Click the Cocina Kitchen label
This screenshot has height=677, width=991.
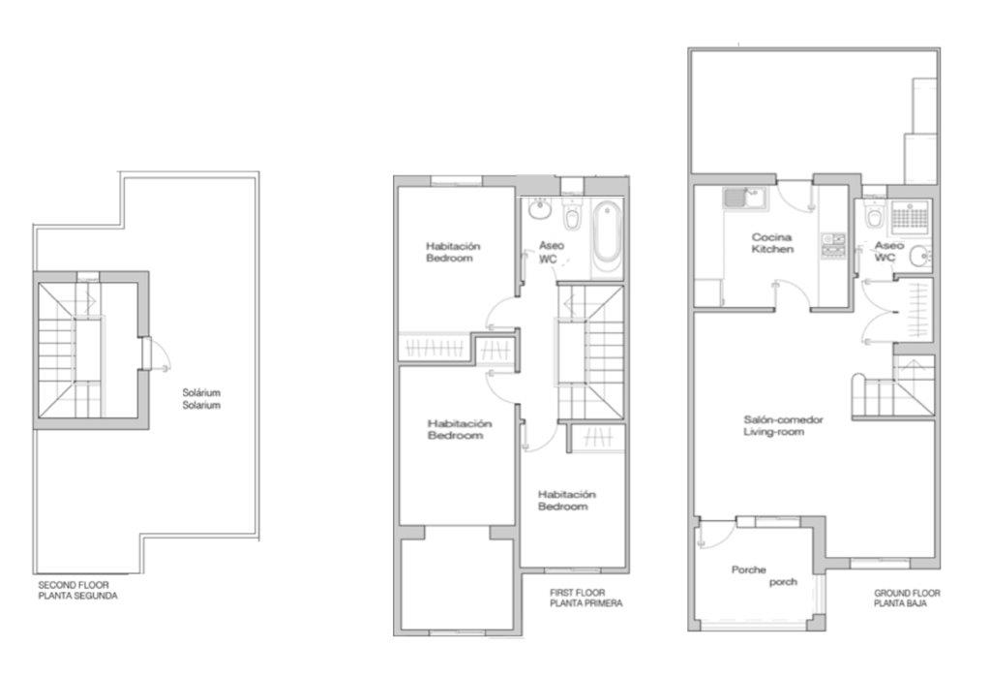point(772,243)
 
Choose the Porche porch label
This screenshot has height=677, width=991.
point(765,575)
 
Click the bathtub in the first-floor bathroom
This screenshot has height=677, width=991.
point(608,236)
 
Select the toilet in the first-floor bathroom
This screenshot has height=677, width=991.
point(572,215)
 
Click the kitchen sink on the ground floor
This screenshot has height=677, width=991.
point(744,198)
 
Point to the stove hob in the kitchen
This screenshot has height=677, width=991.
point(833,245)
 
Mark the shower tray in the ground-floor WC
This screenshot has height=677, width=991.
point(910,217)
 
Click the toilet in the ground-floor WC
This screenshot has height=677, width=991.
point(875,215)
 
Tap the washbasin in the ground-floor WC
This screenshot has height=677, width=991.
point(921,257)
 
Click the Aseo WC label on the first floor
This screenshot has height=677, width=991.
point(551,252)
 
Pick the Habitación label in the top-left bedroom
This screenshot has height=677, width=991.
point(453,246)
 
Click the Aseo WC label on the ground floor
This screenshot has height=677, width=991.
point(888,251)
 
